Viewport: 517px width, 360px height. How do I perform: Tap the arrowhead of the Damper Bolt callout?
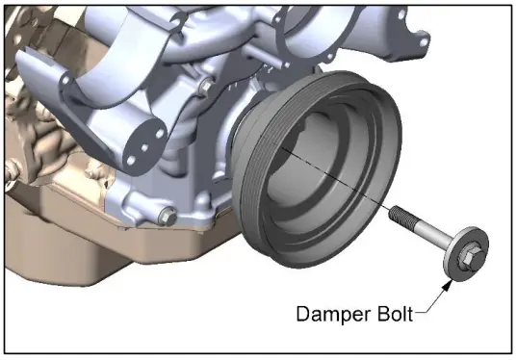click(x=450, y=280)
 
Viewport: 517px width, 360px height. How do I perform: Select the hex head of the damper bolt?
click(x=465, y=255)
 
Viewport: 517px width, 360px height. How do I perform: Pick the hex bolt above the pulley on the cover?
click(x=203, y=90)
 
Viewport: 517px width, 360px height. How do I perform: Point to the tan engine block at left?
click(x=39, y=135)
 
